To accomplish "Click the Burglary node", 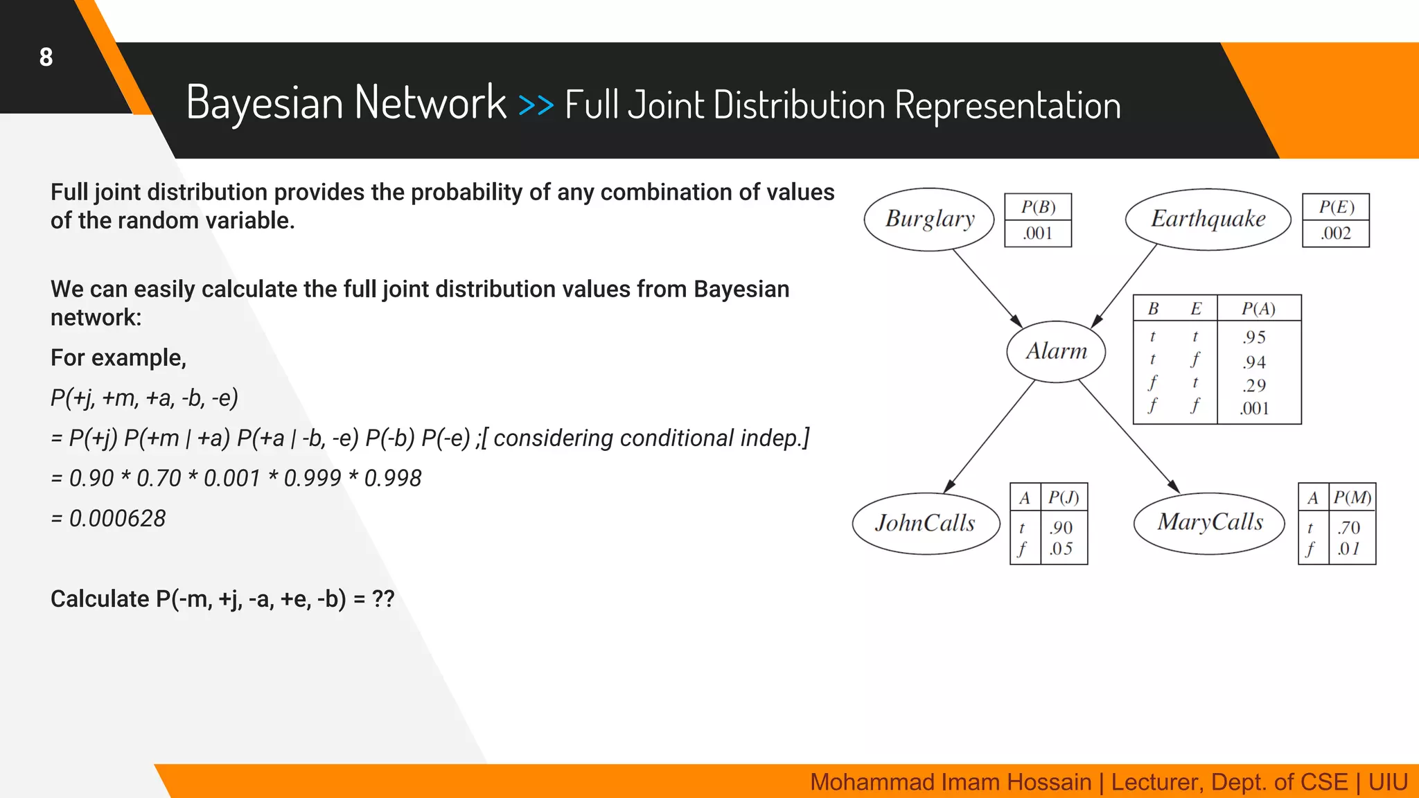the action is [929, 219].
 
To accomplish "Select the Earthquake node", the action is [1208, 219].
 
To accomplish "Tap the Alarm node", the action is [1056, 351].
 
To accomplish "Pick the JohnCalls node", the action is [925, 523].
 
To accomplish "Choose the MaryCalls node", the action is [1210, 522].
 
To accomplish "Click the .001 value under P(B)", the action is [1038, 233].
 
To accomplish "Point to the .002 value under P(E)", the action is [1336, 233].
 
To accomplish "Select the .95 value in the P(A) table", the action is [1254, 337].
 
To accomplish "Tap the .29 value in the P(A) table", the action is [1254, 385].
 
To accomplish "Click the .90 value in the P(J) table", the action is [1061, 528].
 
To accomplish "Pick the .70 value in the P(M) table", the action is [1349, 528].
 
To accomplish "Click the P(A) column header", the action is [1258, 309].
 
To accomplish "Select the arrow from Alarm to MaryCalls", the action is [1129, 437].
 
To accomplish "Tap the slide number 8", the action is [46, 57].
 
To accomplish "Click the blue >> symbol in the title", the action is [536, 105].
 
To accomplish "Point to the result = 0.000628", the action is [109, 518].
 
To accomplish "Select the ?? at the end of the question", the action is [383, 598].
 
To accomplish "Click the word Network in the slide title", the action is [430, 103].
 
